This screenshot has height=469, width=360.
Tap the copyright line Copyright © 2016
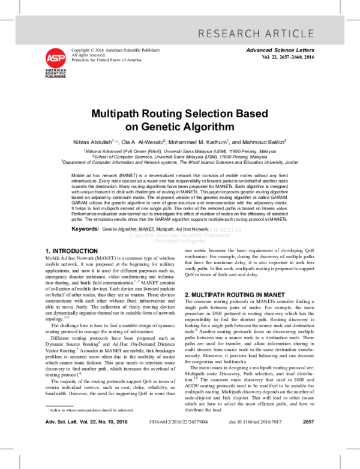pos(107,50)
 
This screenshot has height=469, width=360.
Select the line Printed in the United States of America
pos(107,60)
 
